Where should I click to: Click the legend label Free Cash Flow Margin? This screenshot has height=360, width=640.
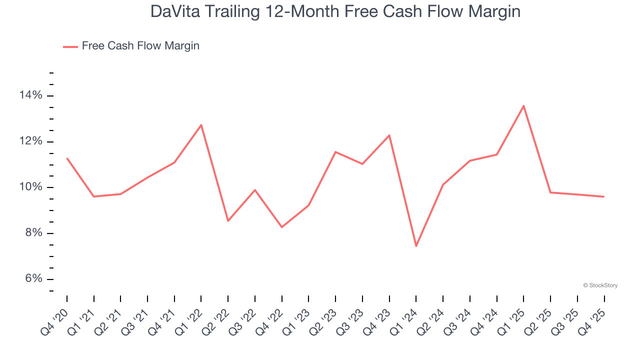pyautogui.click(x=140, y=46)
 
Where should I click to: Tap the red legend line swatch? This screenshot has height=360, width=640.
pyautogui.click(x=70, y=46)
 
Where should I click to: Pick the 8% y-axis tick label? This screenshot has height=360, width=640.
pyautogui.click(x=33, y=233)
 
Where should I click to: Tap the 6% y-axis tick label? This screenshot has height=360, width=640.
pyautogui.click(x=33, y=279)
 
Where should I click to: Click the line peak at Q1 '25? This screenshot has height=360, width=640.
pyautogui.click(x=523, y=105)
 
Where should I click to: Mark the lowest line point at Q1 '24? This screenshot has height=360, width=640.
pyautogui.click(x=416, y=246)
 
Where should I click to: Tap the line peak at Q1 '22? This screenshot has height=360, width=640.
pyautogui.click(x=201, y=124)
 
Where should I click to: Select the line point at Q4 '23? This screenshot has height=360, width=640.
pyautogui.click(x=389, y=135)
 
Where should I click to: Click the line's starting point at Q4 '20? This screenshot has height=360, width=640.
pyautogui.click(x=67, y=158)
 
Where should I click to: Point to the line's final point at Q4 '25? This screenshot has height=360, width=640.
pyautogui.click(x=604, y=196)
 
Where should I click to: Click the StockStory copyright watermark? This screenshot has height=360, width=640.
pyautogui.click(x=600, y=285)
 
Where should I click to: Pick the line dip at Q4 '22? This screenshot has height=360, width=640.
pyautogui.click(x=282, y=227)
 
